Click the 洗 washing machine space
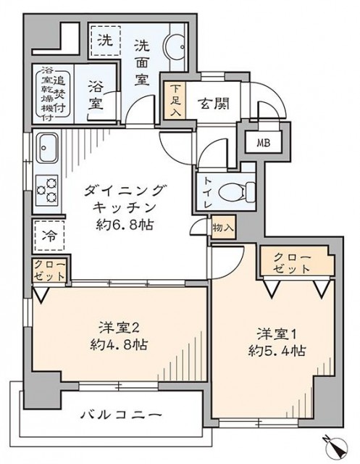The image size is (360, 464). click(105, 41)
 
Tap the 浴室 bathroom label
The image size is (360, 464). click(94, 94)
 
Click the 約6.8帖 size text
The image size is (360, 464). click(125, 223)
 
